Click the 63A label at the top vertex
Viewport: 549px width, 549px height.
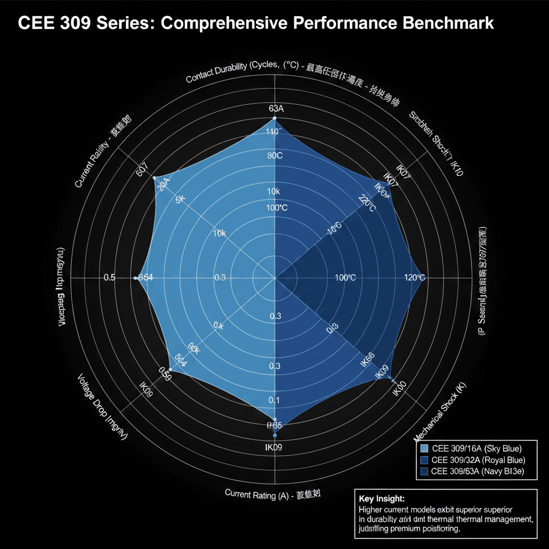tap(275, 108)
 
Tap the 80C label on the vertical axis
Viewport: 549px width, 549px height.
tap(274, 156)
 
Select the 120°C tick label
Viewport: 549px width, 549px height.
tap(414, 277)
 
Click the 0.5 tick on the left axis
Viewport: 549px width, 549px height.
tap(109, 277)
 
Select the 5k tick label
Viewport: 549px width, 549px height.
tap(180, 198)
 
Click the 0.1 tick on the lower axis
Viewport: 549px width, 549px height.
tap(274, 400)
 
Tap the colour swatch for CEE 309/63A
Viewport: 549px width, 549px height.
tap(425, 471)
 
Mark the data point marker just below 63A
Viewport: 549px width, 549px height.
tap(274, 118)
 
